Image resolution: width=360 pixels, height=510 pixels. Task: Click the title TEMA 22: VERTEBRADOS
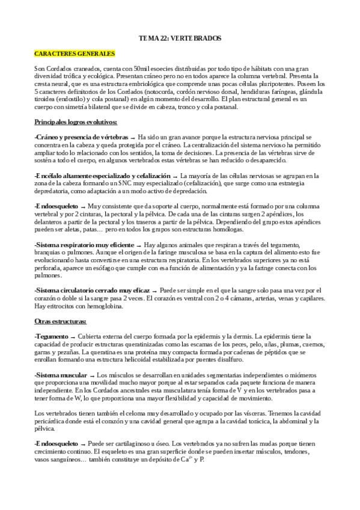[180, 38]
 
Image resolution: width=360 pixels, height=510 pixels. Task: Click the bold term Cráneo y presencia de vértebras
[82, 137]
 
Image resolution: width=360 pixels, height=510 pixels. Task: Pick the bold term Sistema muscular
[61, 375]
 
